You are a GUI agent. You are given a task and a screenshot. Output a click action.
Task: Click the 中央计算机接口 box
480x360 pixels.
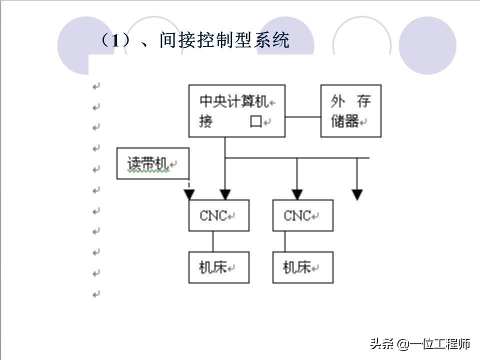point(236,111)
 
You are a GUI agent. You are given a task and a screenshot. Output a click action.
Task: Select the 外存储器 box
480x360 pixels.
point(350,111)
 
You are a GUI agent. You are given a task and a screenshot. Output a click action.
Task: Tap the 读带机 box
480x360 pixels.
point(153,163)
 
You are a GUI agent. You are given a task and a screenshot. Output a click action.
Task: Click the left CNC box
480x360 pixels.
point(218,215)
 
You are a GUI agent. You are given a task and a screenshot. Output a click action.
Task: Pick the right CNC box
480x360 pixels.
point(302,215)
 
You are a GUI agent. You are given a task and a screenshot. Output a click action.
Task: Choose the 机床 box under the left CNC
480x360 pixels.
point(218,267)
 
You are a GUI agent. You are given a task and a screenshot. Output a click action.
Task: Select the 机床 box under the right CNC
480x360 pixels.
point(302,267)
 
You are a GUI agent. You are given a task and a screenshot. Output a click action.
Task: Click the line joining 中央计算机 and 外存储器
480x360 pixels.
point(302,117)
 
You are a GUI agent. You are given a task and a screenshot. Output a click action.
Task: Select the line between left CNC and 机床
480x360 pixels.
point(213,241)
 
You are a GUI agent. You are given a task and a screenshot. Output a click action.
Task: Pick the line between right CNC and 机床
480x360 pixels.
point(285,241)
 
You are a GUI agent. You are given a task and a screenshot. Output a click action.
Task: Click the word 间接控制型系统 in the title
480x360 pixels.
point(224,40)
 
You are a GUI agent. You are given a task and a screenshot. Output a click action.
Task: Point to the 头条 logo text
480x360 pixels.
point(381,344)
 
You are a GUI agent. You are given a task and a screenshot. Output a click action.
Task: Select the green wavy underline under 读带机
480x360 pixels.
point(148,171)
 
